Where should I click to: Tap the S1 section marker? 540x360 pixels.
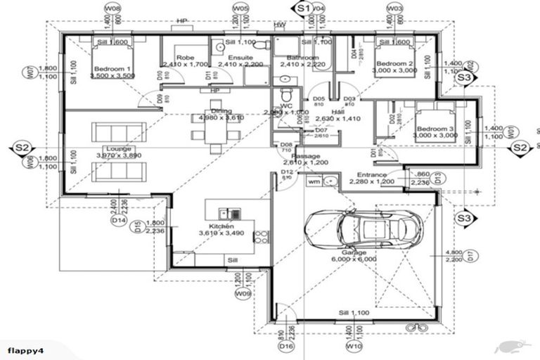303,8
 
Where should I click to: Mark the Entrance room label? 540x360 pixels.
372,174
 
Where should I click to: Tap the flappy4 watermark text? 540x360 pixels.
28,349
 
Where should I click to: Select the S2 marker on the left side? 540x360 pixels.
22,148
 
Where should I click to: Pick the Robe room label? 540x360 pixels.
185,58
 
